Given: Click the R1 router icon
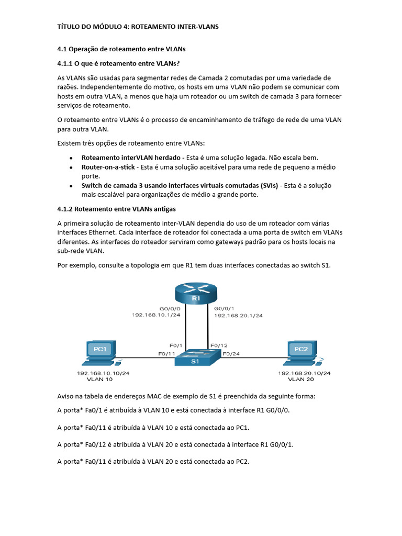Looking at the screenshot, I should pyautogui.click(x=196, y=293).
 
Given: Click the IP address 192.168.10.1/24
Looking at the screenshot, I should pyautogui.click(x=157, y=316).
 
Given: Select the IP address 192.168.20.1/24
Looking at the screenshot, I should pyautogui.click(x=238, y=316).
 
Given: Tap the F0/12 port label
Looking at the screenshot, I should pyautogui.click(x=219, y=345).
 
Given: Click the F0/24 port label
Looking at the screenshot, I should pyautogui.click(x=232, y=354).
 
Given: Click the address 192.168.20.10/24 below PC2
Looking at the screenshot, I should pyautogui.click(x=304, y=373).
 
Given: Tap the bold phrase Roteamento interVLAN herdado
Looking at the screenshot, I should pyautogui.click(x=131, y=158).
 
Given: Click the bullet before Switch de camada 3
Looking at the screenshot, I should pyautogui.click(x=71, y=186).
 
